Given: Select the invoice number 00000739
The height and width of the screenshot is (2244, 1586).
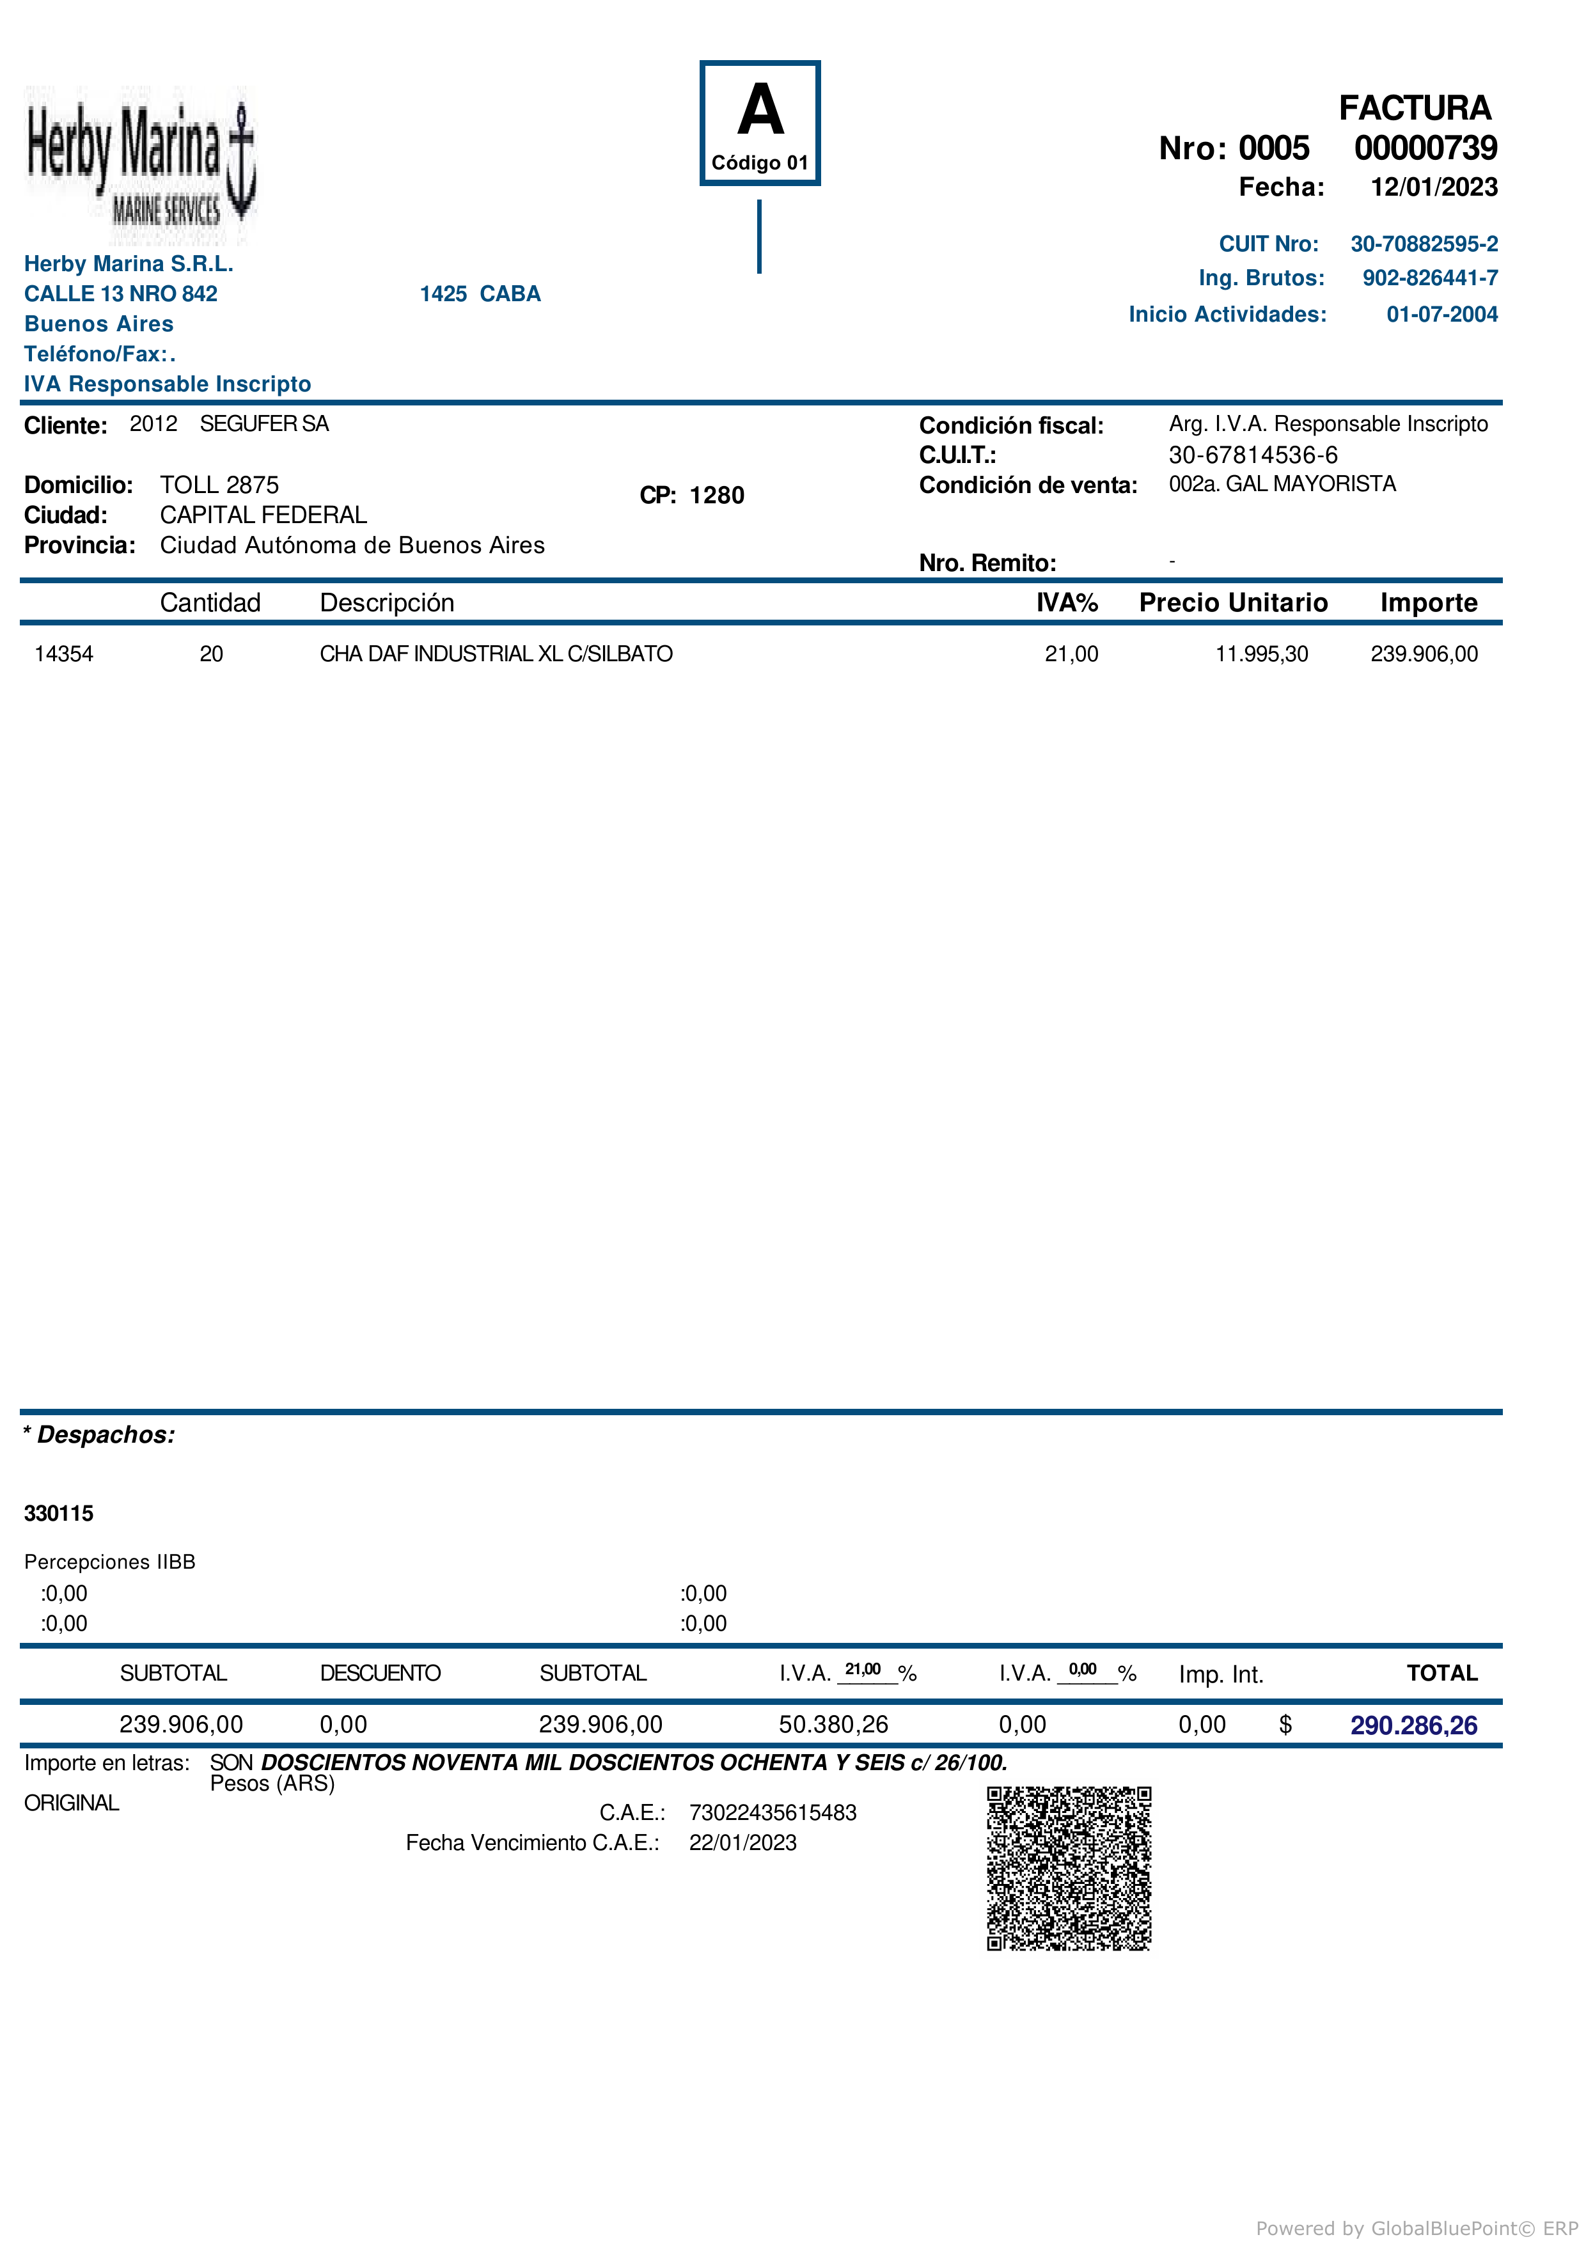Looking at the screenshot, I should (1425, 148).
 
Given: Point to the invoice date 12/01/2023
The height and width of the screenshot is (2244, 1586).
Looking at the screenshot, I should (1434, 187).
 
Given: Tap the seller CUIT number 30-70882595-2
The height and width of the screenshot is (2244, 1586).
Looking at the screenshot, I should (1424, 244).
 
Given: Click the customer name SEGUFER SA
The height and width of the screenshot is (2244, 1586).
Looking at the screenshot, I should (264, 424).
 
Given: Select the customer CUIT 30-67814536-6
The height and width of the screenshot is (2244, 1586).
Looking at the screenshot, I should (1253, 455).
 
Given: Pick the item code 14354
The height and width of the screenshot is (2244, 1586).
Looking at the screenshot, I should (63, 654).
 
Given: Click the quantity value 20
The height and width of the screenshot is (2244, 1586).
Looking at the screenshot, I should (211, 654).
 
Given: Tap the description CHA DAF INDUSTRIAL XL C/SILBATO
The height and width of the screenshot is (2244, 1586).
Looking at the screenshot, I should (496, 654).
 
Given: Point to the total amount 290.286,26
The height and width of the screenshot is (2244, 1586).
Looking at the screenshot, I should (1413, 1725).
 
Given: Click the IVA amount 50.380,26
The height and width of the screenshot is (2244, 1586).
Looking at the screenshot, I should (833, 1724).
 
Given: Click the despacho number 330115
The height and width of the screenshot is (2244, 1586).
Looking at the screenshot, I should (59, 1514).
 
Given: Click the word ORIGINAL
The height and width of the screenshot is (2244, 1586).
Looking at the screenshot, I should (72, 1803).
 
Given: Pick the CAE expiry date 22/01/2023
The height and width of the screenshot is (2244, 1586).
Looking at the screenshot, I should (742, 1843).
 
